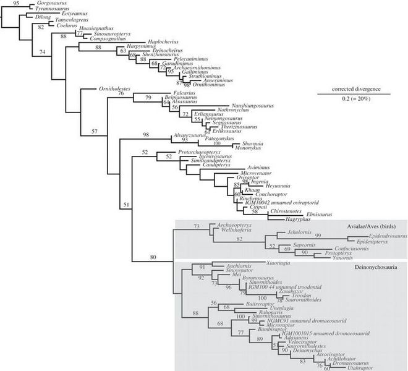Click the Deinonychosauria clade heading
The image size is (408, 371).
coord(374,267)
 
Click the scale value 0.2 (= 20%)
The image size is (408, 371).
coord(351,99)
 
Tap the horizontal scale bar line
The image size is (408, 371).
coord(351,94)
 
